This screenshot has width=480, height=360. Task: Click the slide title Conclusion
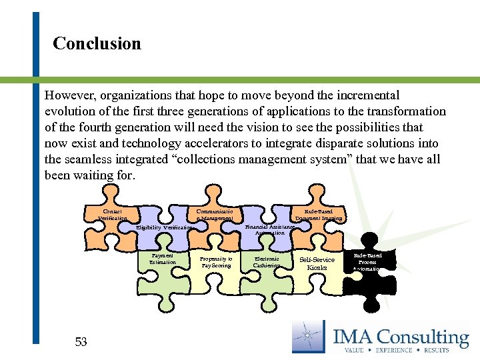[x=97, y=44]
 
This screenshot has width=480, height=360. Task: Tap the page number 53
[x=81, y=342]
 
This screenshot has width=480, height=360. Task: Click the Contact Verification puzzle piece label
[x=112, y=215]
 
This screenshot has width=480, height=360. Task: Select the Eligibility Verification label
[x=164, y=228]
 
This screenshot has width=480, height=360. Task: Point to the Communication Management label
[x=215, y=215]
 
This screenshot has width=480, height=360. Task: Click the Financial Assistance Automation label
[x=269, y=229]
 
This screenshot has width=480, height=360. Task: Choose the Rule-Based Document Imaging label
[x=319, y=215]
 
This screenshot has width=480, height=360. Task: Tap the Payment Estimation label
[x=163, y=259]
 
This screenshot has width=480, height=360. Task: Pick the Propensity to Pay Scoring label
[x=216, y=261]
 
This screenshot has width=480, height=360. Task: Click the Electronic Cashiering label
[x=267, y=261]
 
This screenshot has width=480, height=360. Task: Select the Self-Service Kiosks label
[x=317, y=263]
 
